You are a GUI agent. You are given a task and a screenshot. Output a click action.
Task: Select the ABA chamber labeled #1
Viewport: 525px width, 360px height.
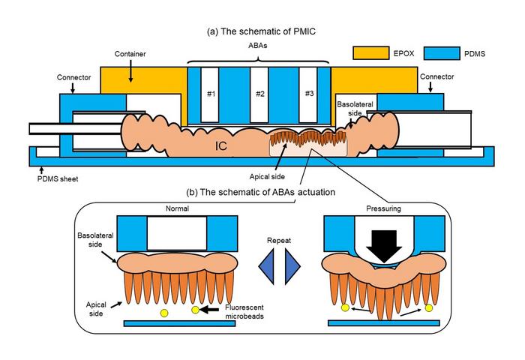[x=211, y=94]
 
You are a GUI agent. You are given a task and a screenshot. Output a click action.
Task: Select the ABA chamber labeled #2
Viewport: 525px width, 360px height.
[x=260, y=94]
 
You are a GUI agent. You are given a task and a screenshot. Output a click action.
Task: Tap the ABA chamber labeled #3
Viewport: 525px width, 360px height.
[x=308, y=94]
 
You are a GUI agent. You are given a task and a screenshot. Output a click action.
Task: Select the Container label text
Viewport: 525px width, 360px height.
[x=130, y=54]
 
